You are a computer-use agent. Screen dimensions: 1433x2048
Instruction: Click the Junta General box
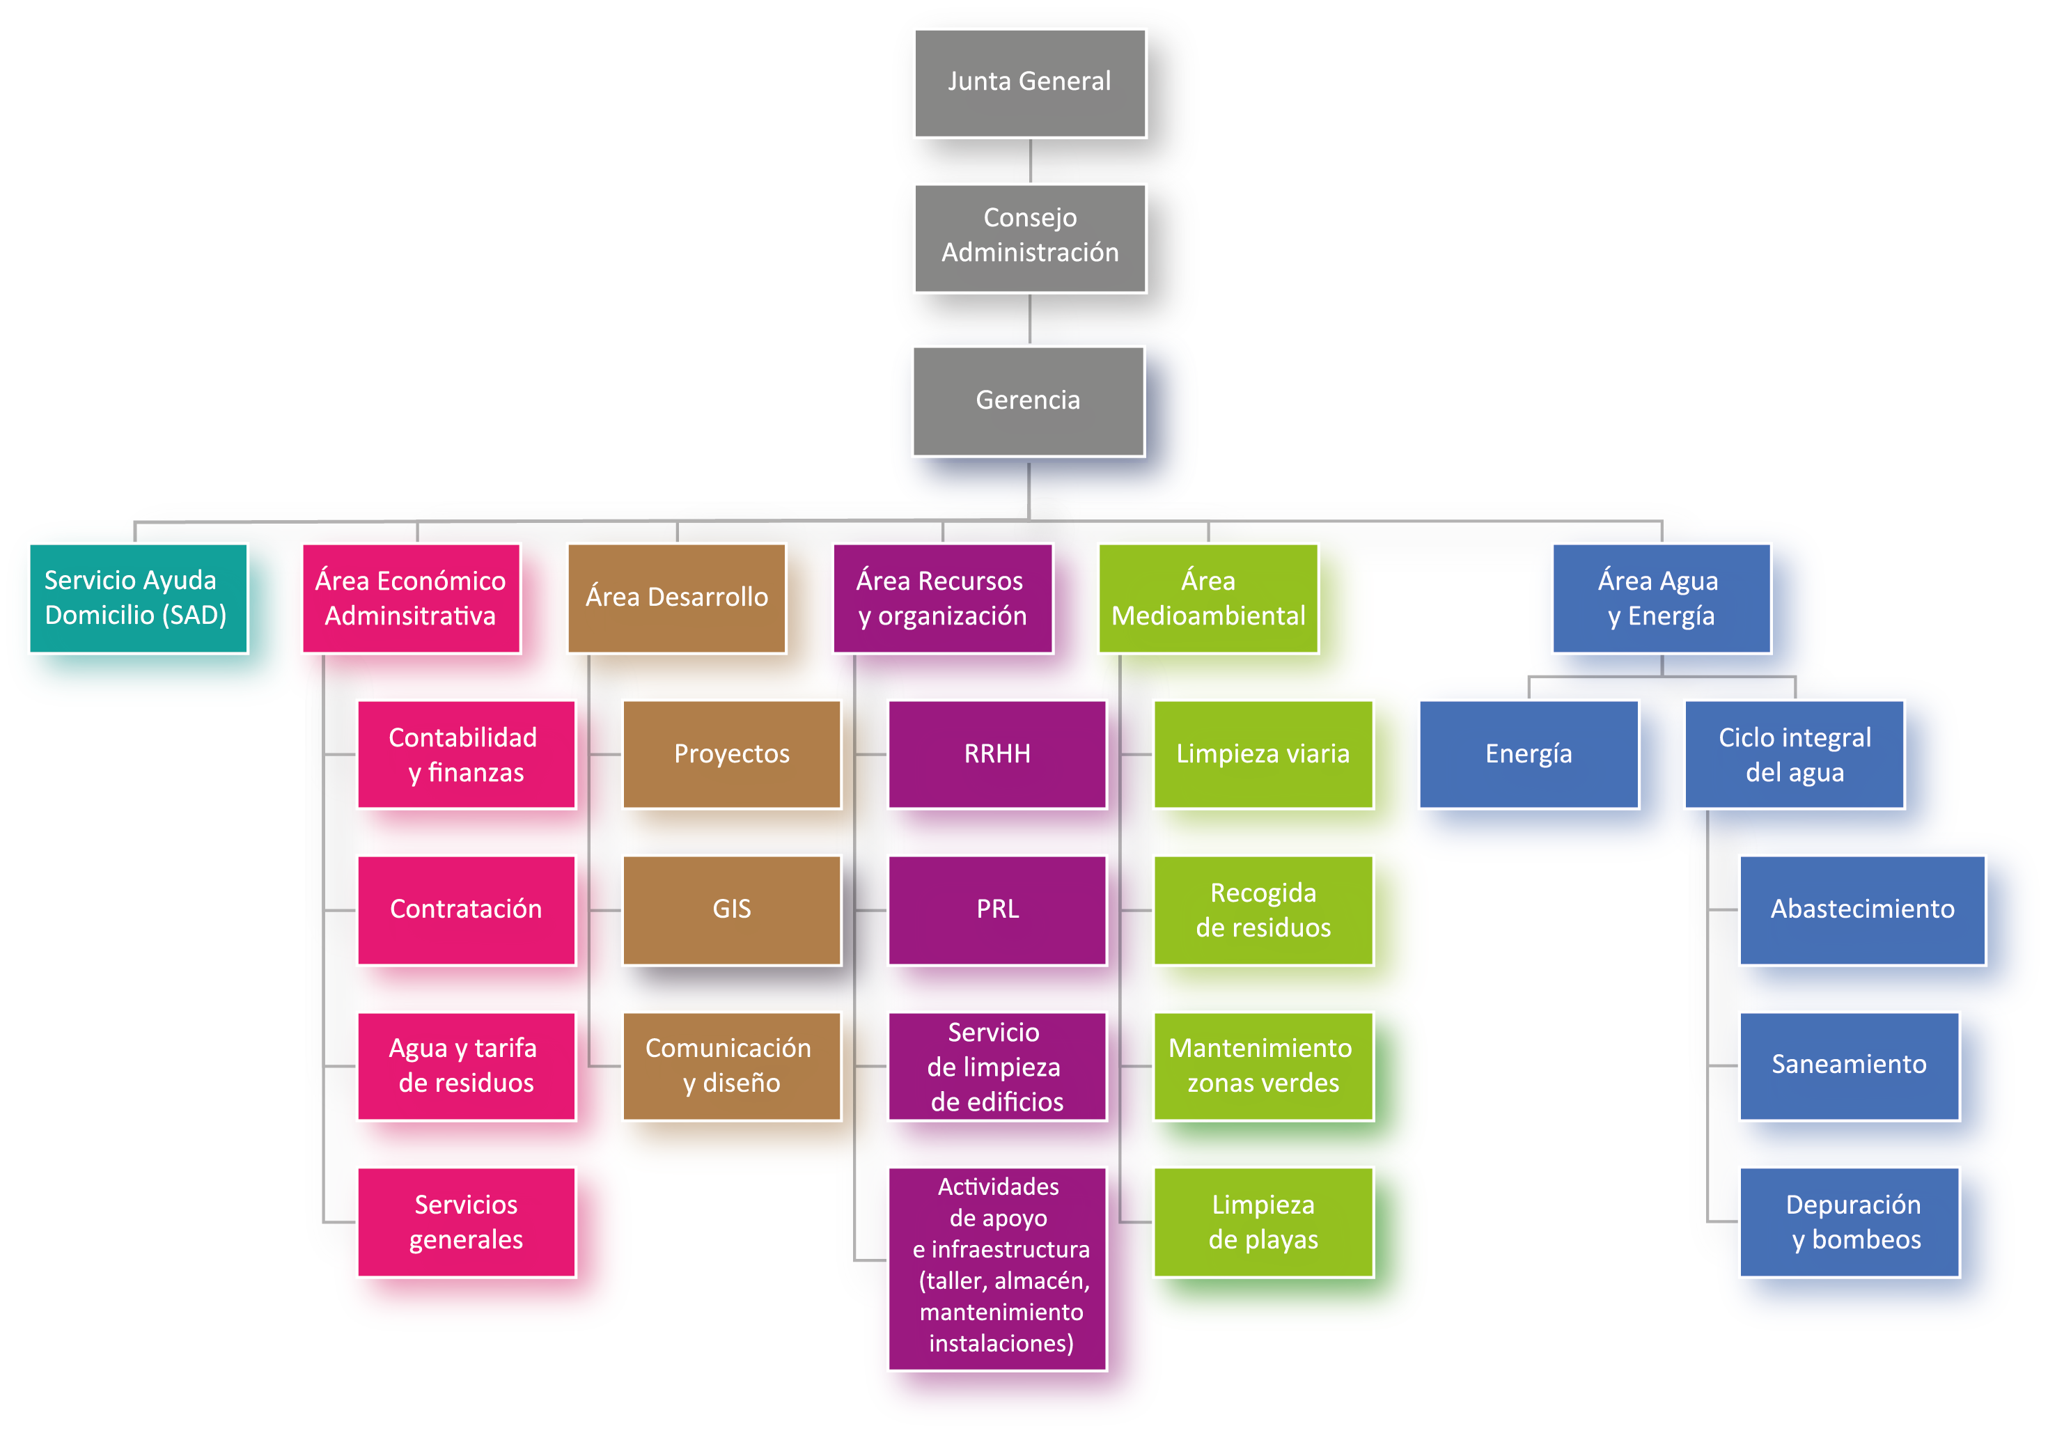tap(1029, 83)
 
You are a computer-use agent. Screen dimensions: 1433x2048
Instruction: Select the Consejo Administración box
tap(1029, 237)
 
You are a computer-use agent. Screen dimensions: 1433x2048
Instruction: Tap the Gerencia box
tap(1028, 400)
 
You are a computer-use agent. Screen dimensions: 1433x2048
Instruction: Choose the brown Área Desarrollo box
tap(676, 597)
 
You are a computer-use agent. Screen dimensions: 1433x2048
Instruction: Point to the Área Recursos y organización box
tap(942, 597)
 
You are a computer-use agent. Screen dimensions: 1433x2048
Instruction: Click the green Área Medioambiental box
tap(1207, 597)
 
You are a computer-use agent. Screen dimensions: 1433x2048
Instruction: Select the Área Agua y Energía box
tap(1661, 597)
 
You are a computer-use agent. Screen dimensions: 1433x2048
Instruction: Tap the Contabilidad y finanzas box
tap(466, 754)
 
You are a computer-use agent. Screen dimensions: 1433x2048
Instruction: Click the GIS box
tap(731, 909)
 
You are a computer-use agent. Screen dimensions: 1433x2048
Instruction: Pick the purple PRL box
tap(997, 909)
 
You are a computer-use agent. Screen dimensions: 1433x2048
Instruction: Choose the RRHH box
tap(997, 754)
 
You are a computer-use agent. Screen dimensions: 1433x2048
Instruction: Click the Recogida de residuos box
tap(1263, 909)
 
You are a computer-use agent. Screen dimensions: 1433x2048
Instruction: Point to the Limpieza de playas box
tap(1263, 1221)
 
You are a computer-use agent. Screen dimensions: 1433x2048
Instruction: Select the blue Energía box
tap(1528, 754)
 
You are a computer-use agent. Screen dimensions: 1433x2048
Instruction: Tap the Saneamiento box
tap(1848, 1065)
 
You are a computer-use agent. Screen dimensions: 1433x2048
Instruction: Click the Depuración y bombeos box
tap(1848, 1221)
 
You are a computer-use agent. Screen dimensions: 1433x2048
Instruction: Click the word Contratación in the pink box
tap(466, 909)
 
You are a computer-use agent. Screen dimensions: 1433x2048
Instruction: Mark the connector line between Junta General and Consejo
tap(1030, 162)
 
